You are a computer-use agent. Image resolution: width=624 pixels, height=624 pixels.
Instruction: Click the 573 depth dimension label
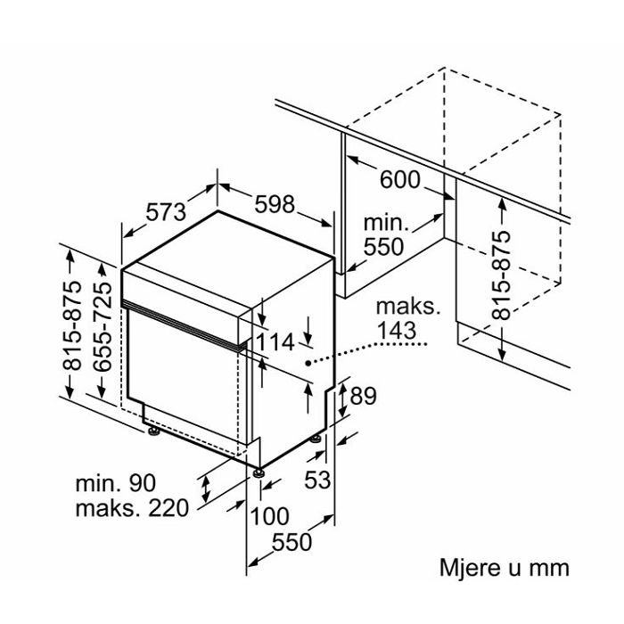(166, 212)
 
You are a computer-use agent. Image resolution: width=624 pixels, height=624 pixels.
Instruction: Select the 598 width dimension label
(274, 204)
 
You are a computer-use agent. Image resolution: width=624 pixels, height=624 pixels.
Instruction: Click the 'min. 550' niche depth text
(383, 234)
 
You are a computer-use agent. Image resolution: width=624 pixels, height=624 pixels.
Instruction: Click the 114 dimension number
(276, 341)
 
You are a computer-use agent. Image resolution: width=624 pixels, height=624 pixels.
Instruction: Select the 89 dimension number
(364, 397)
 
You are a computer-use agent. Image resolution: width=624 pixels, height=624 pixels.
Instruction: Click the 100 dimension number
(270, 515)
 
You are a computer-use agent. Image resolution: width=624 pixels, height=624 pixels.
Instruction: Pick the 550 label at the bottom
(291, 541)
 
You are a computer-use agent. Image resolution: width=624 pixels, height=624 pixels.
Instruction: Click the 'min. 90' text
(115, 483)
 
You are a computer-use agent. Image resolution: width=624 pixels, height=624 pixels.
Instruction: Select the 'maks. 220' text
(132, 508)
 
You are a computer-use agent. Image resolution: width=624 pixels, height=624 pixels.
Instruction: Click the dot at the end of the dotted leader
(309, 363)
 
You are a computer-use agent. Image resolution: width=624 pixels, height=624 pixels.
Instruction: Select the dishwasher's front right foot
(259, 472)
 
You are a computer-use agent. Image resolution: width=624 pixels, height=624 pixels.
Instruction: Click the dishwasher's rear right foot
(316, 439)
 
